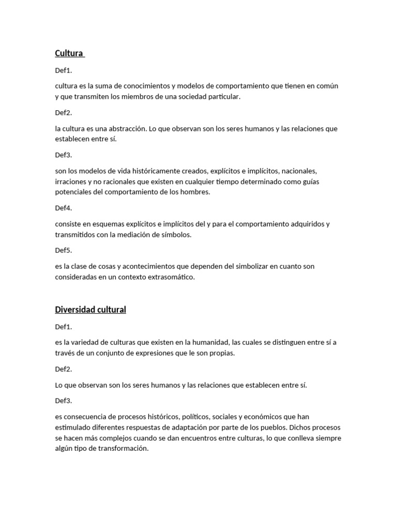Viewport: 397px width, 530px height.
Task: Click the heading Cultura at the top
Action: pyautogui.click(x=69, y=53)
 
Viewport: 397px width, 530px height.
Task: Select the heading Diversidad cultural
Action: pyautogui.click(x=90, y=310)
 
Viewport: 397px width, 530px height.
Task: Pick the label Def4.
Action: pyautogui.click(x=64, y=208)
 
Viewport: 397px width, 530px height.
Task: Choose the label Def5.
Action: pyautogui.click(x=64, y=251)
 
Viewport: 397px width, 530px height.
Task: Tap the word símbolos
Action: pyautogui.click(x=176, y=234)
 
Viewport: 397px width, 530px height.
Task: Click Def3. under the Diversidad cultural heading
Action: pyautogui.click(x=64, y=401)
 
